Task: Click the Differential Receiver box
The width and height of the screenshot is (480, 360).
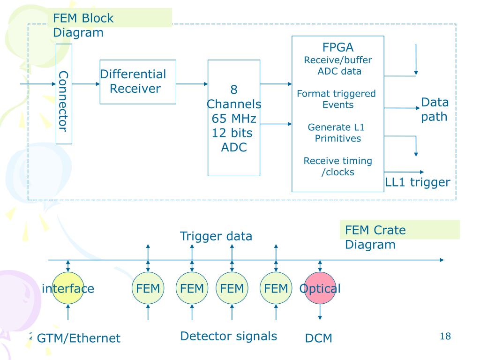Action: [x=138, y=82]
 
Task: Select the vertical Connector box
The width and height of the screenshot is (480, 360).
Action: [x=64, y=94]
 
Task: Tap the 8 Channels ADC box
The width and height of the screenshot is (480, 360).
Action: [x=234, y=118]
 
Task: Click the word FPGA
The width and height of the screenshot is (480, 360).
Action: [x=337, y=47]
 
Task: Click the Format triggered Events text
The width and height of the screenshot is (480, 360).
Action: [x=337, y=99]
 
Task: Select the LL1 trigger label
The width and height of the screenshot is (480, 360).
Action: [x=418, y=182]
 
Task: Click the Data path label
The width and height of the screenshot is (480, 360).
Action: [x=434, y=109]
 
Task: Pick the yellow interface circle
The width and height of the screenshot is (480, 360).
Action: [x=68, y=288]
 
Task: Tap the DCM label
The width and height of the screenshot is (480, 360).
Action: [x=319, y=338]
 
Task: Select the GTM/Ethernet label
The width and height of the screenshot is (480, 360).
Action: [x=79, y=338]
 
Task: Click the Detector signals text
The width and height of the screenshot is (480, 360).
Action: [x=228, y=336]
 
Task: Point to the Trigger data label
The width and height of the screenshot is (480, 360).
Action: [x=216, y=236]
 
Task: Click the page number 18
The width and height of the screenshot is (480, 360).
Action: [x=445, y=336]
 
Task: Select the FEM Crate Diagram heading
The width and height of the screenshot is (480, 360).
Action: [x=375, y=237]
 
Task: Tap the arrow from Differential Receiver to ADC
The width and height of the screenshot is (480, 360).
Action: [x=192, y=84]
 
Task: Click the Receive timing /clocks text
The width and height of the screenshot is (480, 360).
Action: [x=337, y=166]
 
